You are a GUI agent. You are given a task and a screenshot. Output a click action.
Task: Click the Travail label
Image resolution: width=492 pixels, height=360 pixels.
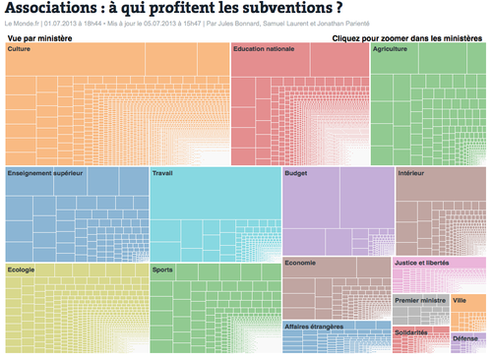(163, 172)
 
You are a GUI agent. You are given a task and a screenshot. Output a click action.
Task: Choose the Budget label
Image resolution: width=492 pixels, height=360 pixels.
(296, 172)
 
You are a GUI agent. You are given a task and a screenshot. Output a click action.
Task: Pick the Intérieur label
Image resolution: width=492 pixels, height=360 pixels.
(411, 172)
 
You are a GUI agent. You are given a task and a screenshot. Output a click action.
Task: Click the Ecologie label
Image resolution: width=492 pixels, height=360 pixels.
(22, 269)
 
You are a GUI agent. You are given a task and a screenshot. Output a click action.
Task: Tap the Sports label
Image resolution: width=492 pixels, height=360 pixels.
(163, 269)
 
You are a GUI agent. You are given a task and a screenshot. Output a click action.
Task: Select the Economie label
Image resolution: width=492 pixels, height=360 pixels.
(301, 263)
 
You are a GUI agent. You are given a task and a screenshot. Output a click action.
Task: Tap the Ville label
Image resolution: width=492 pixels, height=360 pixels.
(461, 300)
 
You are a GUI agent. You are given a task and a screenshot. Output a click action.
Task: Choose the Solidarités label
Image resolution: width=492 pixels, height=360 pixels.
(412, 332)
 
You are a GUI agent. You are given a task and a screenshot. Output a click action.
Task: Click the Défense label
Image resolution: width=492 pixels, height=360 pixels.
(465, 337)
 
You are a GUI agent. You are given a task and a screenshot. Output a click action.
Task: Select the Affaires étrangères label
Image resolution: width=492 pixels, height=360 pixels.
(318, 326)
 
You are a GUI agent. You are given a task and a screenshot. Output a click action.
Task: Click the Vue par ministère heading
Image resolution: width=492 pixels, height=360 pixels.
(40, 36)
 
